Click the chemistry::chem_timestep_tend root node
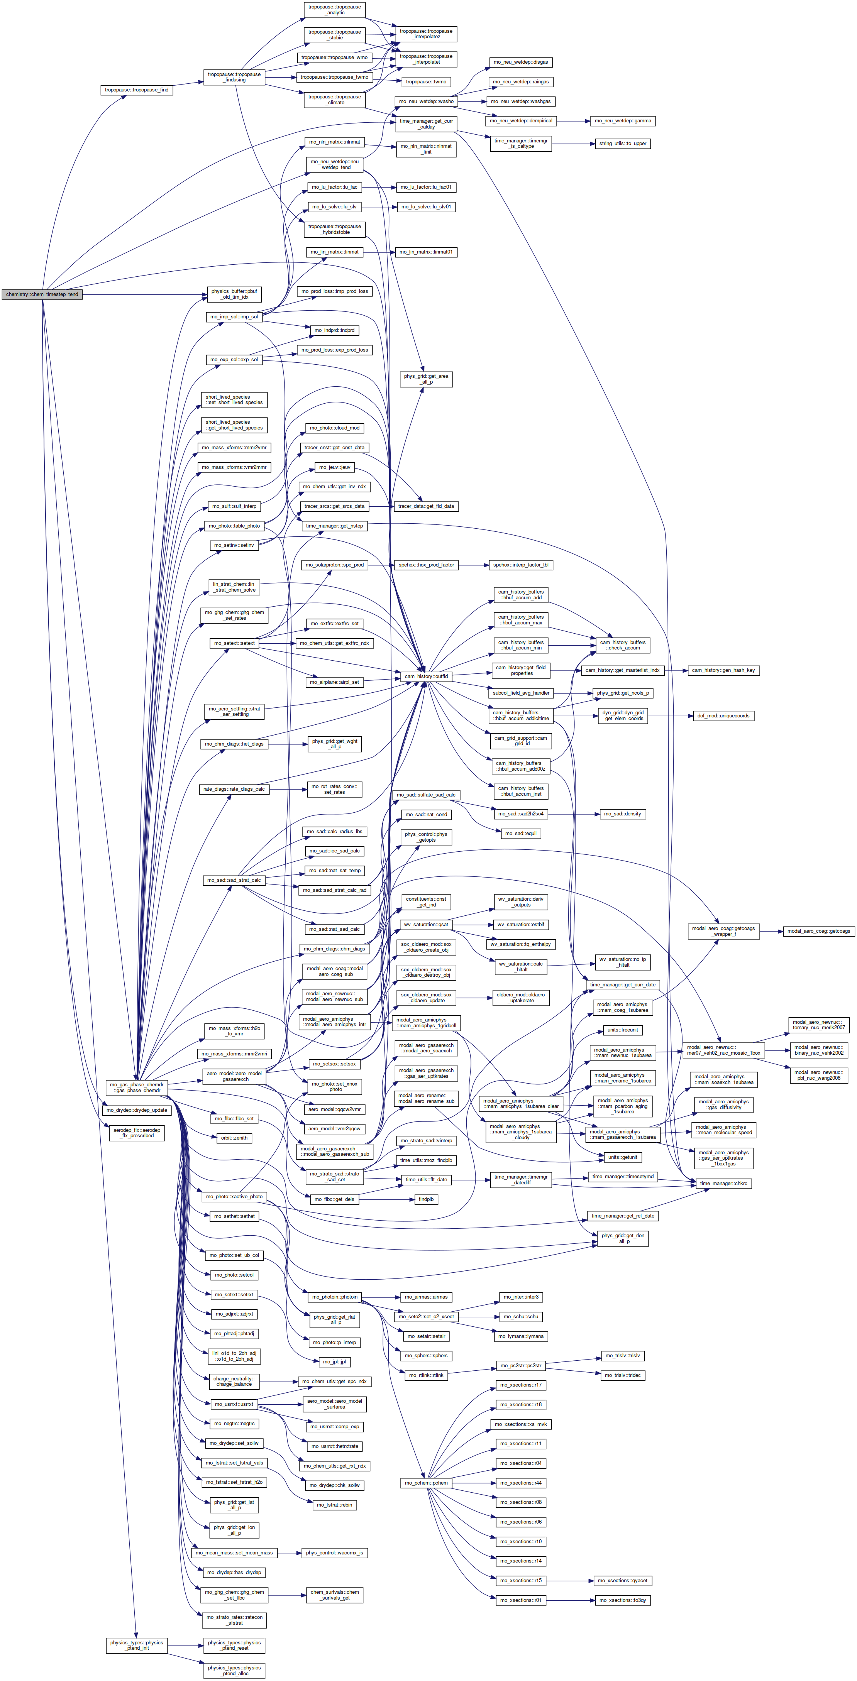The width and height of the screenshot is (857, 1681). point(42,294)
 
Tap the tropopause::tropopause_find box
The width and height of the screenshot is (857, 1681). point(137,90)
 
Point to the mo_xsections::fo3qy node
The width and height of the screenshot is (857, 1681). point(623,1600)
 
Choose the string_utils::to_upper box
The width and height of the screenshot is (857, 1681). point(623,144)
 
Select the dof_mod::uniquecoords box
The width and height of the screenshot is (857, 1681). point(723,716)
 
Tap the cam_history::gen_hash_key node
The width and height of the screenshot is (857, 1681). point(723,670)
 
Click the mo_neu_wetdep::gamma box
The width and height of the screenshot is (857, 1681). point(623,121)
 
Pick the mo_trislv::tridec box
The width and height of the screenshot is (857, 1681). point(623,1375)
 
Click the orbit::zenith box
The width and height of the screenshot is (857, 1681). point(234,1137)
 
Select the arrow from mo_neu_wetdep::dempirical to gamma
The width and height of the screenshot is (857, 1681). point(573,121)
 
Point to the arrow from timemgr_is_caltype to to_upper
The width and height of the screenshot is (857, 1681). point(573,144)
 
